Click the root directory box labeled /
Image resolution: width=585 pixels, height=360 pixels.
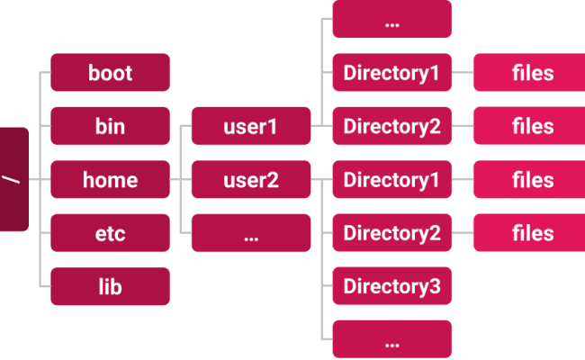coord(13,179)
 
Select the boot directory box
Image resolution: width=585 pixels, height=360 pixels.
coord(110,73)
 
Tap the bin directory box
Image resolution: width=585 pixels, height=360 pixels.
coord(110,126)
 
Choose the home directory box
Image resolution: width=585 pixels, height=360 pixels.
coord(110,180)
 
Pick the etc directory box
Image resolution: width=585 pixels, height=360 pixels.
coord(110,234)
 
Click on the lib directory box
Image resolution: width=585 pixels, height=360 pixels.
coord(110,287)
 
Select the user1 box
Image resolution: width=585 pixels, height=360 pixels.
coord(250,126)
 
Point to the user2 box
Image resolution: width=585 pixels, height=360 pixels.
coord(250,180)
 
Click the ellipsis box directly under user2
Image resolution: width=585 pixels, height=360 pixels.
coord(250,234)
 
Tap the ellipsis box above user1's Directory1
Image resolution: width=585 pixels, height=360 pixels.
coord(391,20)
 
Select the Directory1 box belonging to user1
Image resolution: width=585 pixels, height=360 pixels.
coord(391,73)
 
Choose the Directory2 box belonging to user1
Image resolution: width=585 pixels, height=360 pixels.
coord(391,126)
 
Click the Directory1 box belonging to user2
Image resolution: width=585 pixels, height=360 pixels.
coord(391,180)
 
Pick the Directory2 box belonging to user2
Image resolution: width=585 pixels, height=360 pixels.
coord(391,234)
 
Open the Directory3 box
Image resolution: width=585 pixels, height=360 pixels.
coord(391,287)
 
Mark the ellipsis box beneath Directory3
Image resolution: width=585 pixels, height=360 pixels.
coord(391,340)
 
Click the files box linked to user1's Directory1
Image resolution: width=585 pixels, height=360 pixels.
coord(532,73)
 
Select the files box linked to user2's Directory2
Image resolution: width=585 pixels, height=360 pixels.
coord(532,234)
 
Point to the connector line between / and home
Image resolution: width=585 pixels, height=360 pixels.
coord(40,180)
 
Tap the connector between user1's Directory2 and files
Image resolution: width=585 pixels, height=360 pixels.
coord(462,126)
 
